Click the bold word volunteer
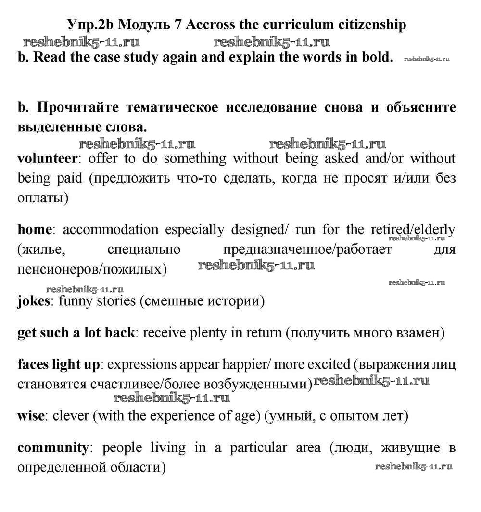tap(47, 158)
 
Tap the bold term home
tap(34, 229)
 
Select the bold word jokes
tap(34, 301)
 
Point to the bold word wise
tap(31, 415)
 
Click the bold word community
tap(53, 448)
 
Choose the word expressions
tap(143, 365)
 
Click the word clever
tap(70, 415)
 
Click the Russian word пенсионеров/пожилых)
tap(92, 269)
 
